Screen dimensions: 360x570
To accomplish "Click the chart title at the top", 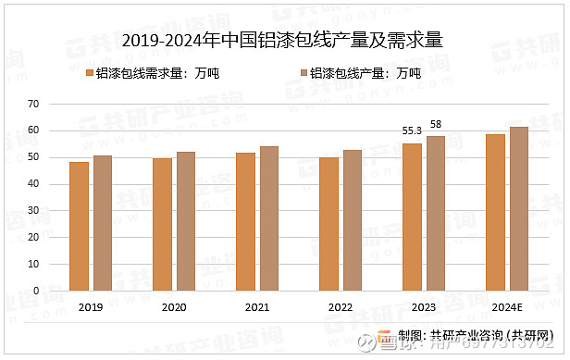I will pos(283,40).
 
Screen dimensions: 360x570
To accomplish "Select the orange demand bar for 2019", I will pos(79,227).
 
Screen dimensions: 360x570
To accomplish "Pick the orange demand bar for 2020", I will pos(162,225).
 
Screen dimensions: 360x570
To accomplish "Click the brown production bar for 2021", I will pos(268,218).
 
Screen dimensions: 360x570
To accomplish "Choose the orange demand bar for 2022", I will pos(328,224).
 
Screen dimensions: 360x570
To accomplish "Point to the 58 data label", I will pos(436,124).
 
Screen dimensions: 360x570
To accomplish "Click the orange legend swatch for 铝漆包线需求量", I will pos(89,73).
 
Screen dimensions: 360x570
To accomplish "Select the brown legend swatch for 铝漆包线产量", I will pos(302,73).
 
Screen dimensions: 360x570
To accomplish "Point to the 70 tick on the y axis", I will pos(33,104).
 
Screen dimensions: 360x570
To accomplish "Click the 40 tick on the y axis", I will pos(33,183).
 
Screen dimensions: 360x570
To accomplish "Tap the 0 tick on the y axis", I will pos(36,291).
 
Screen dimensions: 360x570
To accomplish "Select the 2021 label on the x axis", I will pos(257,307).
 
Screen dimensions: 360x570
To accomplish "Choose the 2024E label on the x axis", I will pos(507,307).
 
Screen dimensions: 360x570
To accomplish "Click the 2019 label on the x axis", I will pos(91,307).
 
